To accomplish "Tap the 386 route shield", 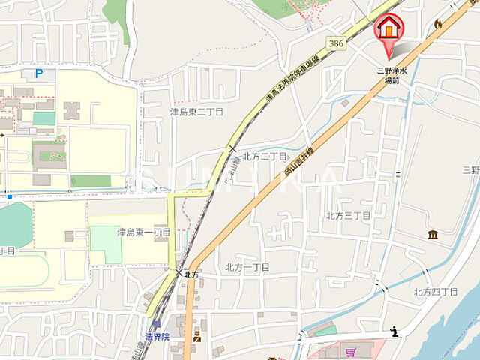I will pyautogui.click(x=337, y=44).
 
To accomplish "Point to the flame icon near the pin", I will pyautogui.click(x=438, y=24).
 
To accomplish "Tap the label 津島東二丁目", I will pyautogui.click(x=196, y=111).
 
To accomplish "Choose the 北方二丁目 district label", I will pyautogui.click(x=265, y=156).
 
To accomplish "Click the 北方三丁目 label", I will pyautogui.click(x=348, y=215).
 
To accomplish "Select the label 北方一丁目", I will pyautogui.click(x=247, y=267).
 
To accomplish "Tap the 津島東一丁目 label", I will pyautogui.click(x=143, y=232).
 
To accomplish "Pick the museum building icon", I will pyautogui.click(x=433, y=235).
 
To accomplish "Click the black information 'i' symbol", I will pyautogui.click(x=395, y=331).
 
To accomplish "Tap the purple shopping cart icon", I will pyautogui.click(x=349, y=351).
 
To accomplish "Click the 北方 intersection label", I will pyautogui.click(x=190, y=274).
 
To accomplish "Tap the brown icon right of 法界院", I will pyautogui.click(x=197, y=335).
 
